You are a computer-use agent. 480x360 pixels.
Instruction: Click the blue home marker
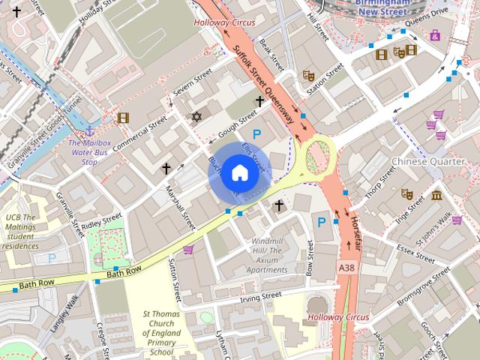coord(238,172)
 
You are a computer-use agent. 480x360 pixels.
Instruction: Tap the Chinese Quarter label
coord(429,161)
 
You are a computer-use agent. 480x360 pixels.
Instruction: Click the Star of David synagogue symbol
coord(197,117)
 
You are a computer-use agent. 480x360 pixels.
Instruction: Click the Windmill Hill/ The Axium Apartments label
coord(268,255)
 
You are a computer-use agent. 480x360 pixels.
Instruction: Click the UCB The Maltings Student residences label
coord(25,231)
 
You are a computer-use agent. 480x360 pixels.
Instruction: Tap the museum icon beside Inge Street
coord(436,196)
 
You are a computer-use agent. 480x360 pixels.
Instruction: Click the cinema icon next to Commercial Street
coord(123,117)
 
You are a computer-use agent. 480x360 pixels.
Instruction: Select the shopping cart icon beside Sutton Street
coord(188,250)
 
